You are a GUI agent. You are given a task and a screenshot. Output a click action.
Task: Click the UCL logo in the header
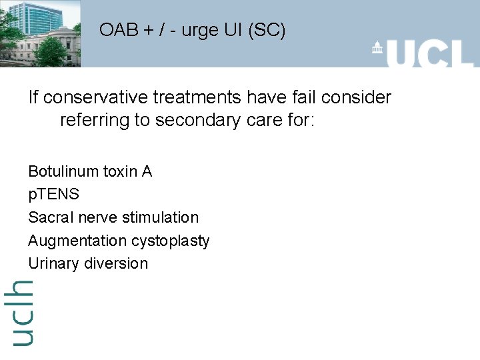[x=423, y=53]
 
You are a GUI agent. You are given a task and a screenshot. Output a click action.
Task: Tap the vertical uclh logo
[x=21, y=312]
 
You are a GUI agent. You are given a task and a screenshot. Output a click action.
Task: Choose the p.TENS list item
[x=53, y=195]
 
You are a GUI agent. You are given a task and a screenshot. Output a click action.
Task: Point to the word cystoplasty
[x=170, y=241]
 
